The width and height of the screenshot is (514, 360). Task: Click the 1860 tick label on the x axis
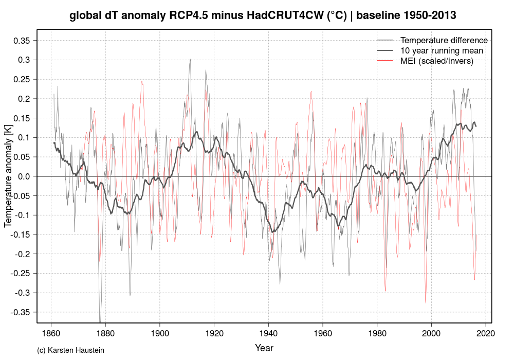click(x=51, y=333)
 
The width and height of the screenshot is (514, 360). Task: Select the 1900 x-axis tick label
click(x=159, y=333)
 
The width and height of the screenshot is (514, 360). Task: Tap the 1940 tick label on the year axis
click(x=268, y=333)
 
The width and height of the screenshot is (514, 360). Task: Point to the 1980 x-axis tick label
click(x=377, y=333)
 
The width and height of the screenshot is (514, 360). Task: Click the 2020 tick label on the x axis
click(x=485, y=333)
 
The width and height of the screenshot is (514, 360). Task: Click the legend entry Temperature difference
click(x=444, y=40)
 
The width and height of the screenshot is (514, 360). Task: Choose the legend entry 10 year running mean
click(x=442, y=50)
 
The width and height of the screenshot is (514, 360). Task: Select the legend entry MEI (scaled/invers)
click(x=436, y=61)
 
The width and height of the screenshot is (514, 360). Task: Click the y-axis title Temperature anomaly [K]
click(x=8, y=177)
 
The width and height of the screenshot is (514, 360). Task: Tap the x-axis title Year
click(x=264, y=348)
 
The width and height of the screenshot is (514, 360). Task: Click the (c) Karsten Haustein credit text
click(x=71, y=351)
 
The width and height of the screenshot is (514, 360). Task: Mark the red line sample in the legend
click(x=385, y=61)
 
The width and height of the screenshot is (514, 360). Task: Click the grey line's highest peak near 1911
click(x=190, y=59)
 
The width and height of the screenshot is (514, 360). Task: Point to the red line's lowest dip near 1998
click(x=426, y=303)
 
